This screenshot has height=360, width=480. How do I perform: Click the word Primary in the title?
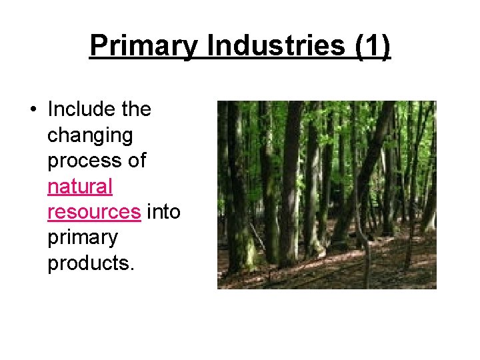144,46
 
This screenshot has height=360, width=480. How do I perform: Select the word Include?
80,109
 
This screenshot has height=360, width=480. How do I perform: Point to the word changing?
89,136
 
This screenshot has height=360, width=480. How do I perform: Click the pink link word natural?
79,187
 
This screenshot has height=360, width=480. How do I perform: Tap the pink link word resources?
93,212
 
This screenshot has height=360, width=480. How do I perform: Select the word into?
163,212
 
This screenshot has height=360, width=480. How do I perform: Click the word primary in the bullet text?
82,237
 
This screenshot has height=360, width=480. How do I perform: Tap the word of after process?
135,161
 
